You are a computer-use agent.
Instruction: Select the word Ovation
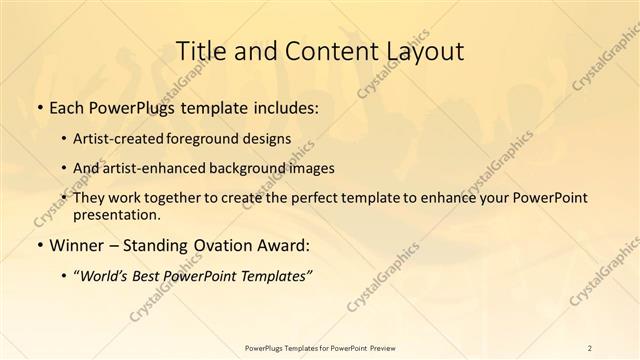[214, 244]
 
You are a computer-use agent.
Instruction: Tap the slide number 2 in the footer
[590, 348]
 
